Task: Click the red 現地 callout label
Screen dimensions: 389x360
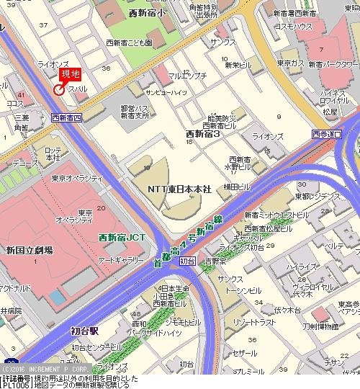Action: (71, 74)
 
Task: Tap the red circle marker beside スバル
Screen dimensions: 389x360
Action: (59, 90)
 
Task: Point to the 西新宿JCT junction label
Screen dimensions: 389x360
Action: (122, 237)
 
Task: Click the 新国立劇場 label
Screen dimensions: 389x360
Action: (29, 250)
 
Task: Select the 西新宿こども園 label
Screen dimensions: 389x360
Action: (128, 43)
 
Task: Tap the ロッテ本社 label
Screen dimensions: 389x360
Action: (53, 153)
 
